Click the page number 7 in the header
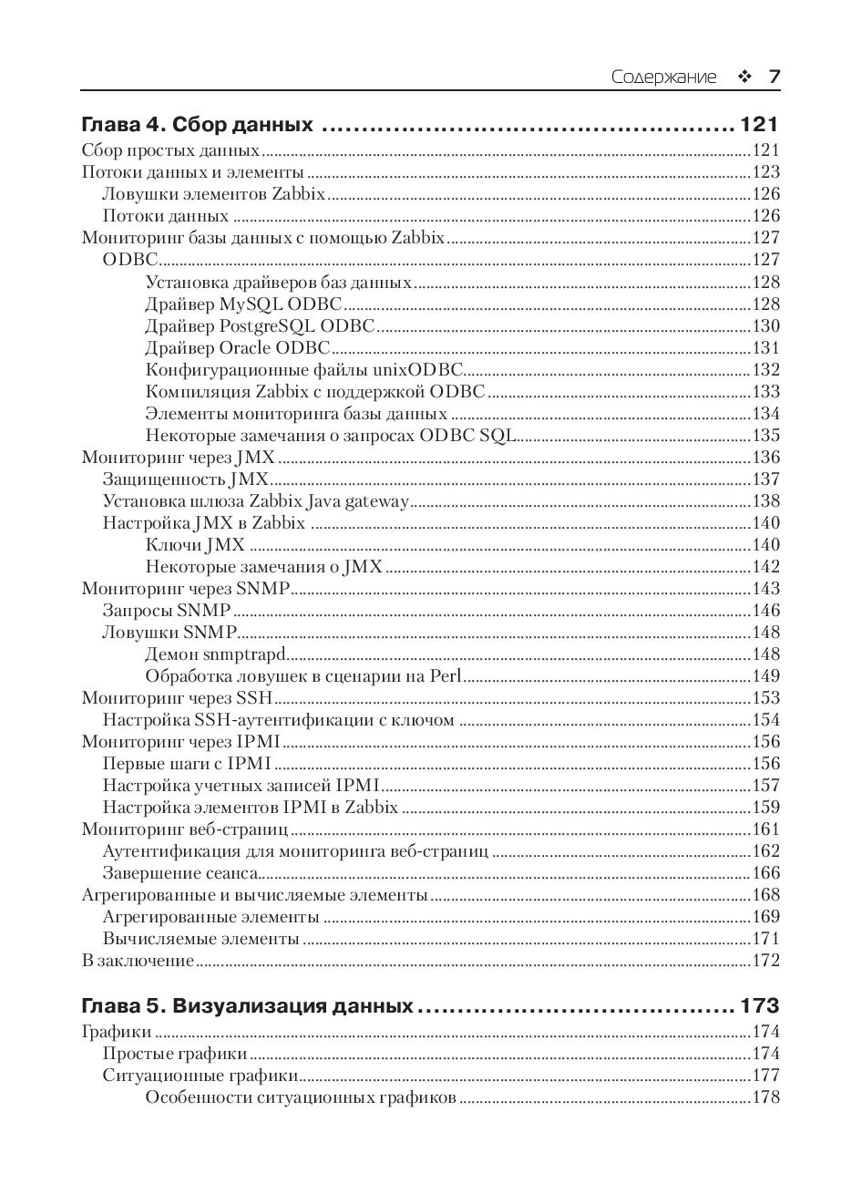(x=774, y=77)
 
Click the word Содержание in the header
(x=663, y=77)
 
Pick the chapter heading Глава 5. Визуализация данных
(x=247, y=1006)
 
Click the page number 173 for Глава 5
(x=760, y=1006)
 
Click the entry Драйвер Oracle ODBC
(x=237, y=348)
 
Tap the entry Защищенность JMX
(x=185, y=479)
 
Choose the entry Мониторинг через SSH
(x=178, y=698)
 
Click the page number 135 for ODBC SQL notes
(x=765, y=436)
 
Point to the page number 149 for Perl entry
(x=765, y=676)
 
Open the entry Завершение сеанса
(x=179, y=873)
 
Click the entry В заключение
(x=138, y=961)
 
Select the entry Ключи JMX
(x=195, y=545)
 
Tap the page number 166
(x=765, y=873)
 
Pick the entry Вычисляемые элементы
(x=200, y=939)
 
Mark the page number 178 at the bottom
(x=765, y=1098)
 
